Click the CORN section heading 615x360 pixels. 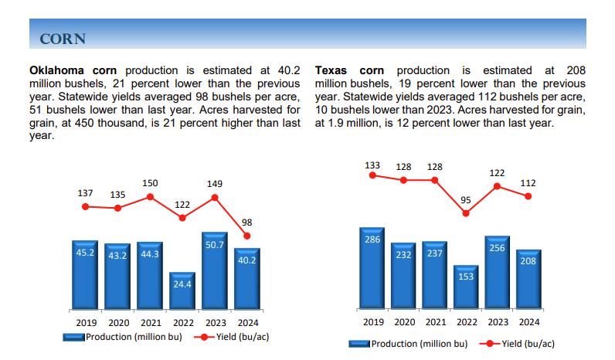coord(63,39)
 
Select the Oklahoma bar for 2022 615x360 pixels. coord(182,291)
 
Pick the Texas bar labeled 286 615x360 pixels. coord(372,267)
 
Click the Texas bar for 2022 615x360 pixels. coord(466,286)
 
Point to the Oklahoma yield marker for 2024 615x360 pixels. coord(247,236)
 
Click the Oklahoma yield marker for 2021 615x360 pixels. coord(150,196)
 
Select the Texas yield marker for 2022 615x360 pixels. coord(466,213)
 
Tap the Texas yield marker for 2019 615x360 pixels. coord(372,175)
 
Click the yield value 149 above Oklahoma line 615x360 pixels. coord(215,184)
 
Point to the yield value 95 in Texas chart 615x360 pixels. coord(466,200)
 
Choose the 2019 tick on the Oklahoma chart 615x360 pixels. coord(86,322)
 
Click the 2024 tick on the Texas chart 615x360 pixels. coord(528,322)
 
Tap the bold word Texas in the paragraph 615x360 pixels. coord(333,70)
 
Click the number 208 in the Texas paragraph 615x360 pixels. coord(576,70)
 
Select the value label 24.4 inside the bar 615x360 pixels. coord(182,284)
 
